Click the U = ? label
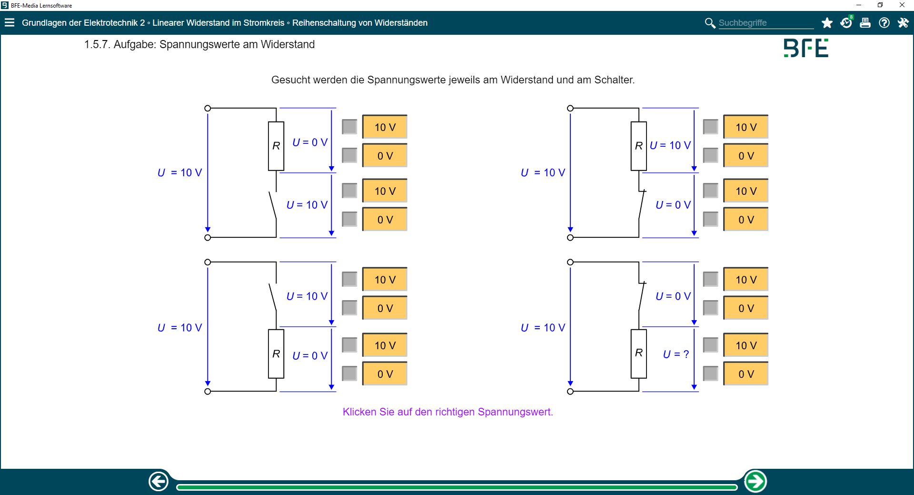pos(676,354)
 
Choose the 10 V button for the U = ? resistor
pos(745,345)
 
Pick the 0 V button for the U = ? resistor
pos(745,374)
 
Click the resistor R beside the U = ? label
pos(639,354)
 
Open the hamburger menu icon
pos(10,22)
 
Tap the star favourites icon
pos(827,23)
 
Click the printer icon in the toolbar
pos(865,23)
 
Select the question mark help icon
pos(884,23)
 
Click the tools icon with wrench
pos(903,23)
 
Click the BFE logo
pos(806,48)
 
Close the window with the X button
pos(902,5)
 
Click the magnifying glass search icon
pos(710,23)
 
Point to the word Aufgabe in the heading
pos(134,45)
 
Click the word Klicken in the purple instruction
pos(359,412)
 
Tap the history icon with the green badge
pos(846,23)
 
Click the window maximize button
pos(880,5)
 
